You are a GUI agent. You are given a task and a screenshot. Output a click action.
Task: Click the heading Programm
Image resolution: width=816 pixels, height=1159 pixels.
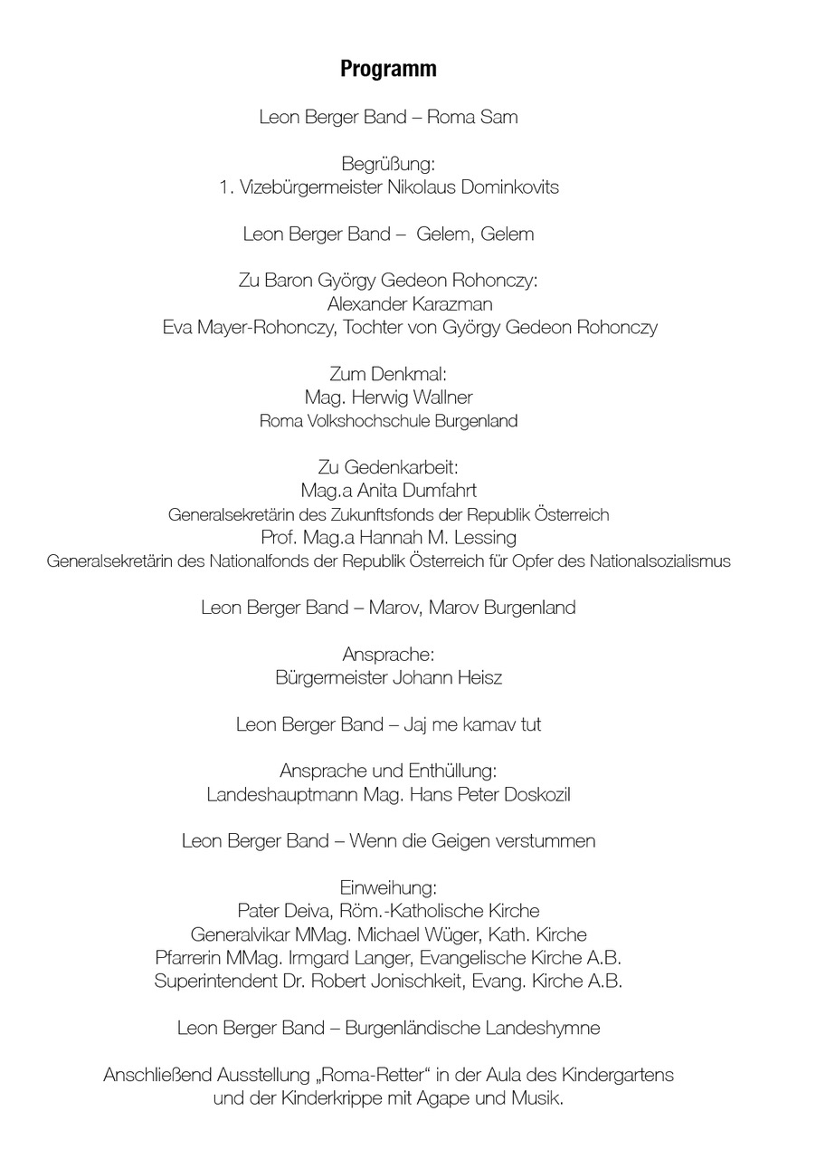(x=388, y=70)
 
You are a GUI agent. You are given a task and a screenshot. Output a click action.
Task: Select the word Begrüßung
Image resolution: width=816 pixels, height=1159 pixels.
(x=388, y=165)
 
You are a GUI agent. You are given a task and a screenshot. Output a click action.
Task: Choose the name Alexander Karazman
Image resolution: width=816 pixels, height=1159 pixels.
(x=410, y=304)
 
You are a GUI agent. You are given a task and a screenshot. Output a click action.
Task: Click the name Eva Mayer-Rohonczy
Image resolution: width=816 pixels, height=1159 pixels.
(x=249, y=328)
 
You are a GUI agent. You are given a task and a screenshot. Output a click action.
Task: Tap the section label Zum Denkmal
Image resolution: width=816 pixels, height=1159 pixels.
(x=388, y=374)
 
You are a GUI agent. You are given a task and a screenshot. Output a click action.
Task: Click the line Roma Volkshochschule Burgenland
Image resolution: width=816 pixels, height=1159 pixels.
(x=388, y=421)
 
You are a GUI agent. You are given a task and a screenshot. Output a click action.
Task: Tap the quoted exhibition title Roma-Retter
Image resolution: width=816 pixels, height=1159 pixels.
(x=375, y=1077)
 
